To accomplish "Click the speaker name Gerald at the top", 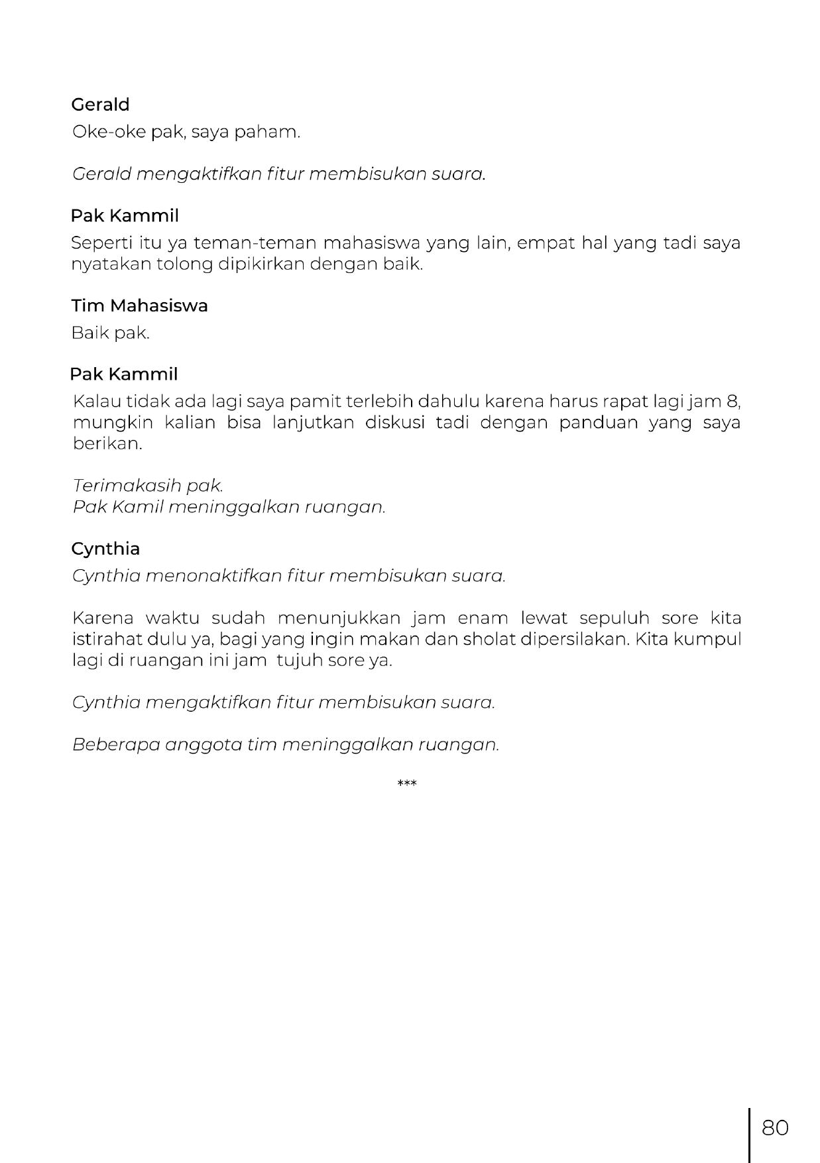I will coord(100,105).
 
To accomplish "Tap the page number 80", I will coord(775,1127).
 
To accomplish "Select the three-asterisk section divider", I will coord(406,785).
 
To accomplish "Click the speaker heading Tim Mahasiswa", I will coord(139,305).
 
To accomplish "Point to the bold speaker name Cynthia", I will coord(105,549).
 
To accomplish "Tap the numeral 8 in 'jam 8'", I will coord(732,402).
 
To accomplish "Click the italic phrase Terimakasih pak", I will coord(148,486).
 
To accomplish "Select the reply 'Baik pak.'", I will coord(111,333).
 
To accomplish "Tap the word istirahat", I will coord(108,639).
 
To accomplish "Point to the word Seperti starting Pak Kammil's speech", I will coord(96,243).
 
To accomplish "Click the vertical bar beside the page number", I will coord(750,1135).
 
